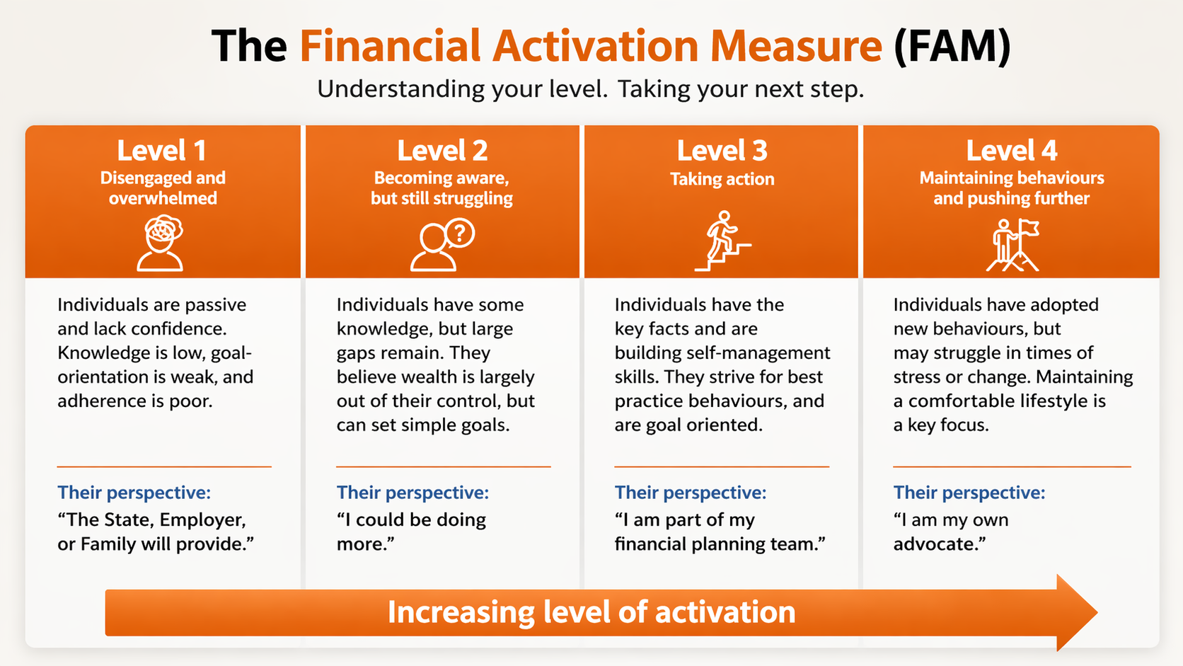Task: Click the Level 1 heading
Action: pyautogui.click(x=161, y=151)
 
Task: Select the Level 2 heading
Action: pyautogui.click(x=442, y=151)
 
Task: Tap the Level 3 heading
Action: pyautogui.click(x=722, y=151)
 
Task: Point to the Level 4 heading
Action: pyautogui.click(x=1011, y=151)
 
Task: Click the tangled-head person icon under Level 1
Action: pyautogui.click(x=161, y=243)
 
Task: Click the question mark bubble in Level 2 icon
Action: pyautogui.click(x=460, y=233)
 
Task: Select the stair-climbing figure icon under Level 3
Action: pyautogui.click(x=722, y=241)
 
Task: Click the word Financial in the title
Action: pyautogui.click(x=391, y=47)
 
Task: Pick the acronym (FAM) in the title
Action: pyautogui.click(x=952, y=47)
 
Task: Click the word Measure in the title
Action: pyautogui.click(x=796, y=47)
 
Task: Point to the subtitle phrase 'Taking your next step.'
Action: pyautogui.click(x=740, y=89)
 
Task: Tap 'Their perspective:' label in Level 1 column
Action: pyautogui.click(x=134, y=492)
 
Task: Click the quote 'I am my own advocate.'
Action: pyautogui.click(x=951, y=532)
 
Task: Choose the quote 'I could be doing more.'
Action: pyautogui.click(x=411, y=532)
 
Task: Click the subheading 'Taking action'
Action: pyautogui.click(x=722, y=179)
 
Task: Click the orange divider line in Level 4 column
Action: pyautogui.click(x=1012, y=467)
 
